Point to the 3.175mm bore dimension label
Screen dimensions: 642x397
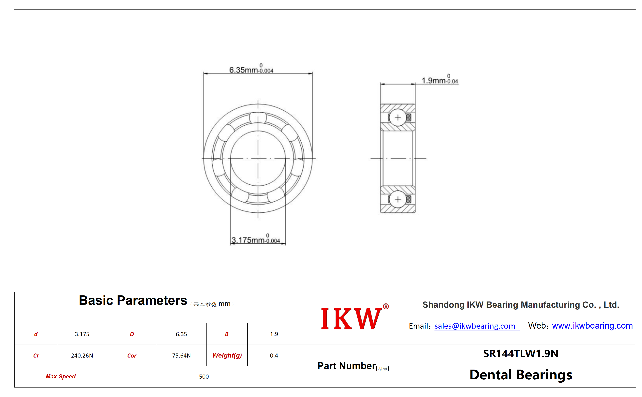pyautogui.click(x=256, y=239)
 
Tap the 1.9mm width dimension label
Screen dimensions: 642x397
pyautogui.click(x=440, y=79)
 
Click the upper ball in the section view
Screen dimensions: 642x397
pyautogui.click(x=398, y=117)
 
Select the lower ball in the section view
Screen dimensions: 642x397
pyautogui.click(x=398, y=199)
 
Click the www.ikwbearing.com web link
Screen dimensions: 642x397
pyautogui.click(x=592, y=326)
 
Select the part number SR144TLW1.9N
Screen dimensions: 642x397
pyautogui.click(x=520, y=353)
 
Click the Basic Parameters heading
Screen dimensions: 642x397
pyautogui.click(x=133, y=300)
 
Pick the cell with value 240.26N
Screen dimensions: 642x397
pyautogui.click(x=82, y=355)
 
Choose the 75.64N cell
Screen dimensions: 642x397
pyautogui.click(x=181, y=355)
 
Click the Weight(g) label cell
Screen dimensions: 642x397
pyautogui.click(x=227, y=355)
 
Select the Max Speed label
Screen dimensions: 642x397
pyautogui.click(x=61, y=376)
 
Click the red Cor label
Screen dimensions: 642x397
pyautogui.click(x=132, y=356)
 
